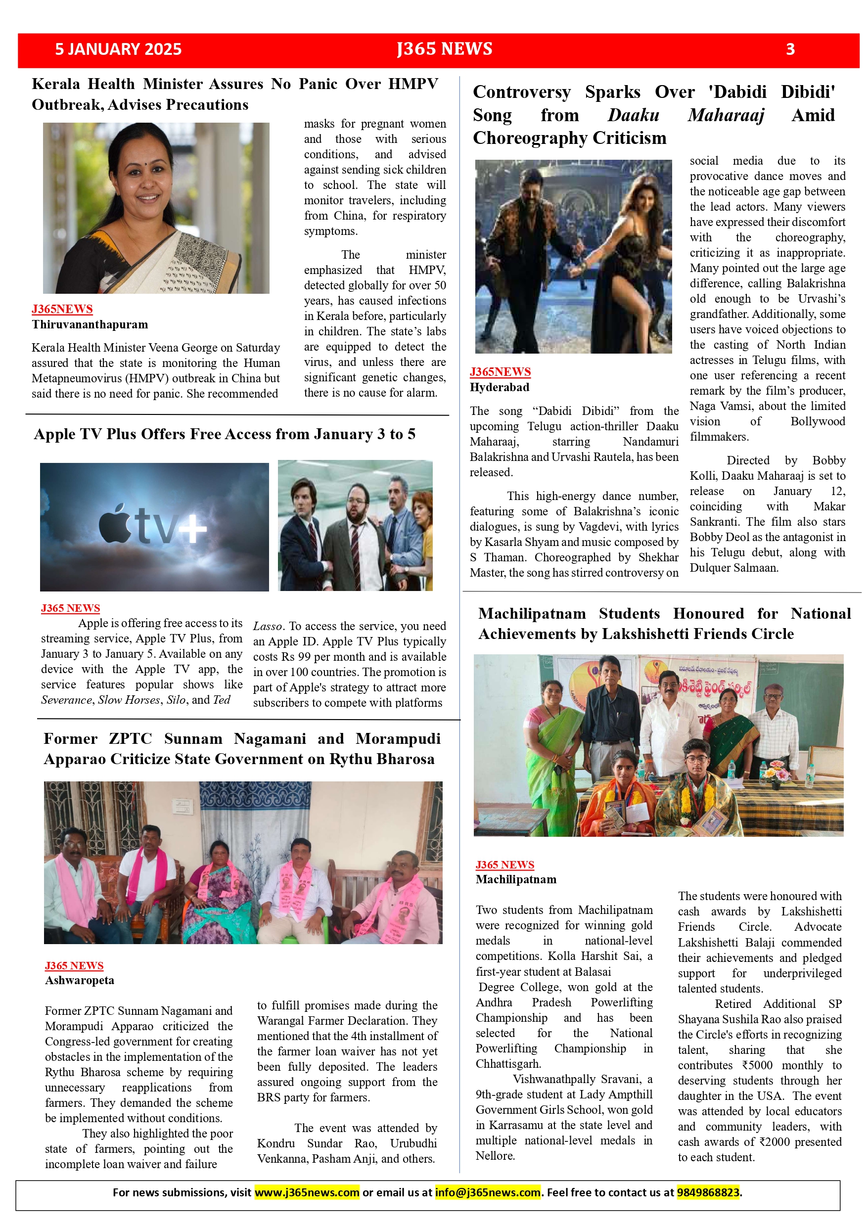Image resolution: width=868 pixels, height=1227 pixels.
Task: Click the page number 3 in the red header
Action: coord(790,49)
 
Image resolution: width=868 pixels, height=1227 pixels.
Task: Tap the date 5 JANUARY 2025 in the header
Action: coord(118,49)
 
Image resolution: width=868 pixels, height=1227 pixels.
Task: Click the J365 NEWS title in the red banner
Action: coord(444,48)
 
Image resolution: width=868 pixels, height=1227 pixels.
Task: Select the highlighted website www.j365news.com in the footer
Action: coord(307,1192)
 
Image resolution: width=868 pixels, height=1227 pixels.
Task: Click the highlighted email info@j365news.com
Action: coord(488,1192)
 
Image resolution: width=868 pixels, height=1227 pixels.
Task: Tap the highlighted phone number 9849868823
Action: coord(708,1192)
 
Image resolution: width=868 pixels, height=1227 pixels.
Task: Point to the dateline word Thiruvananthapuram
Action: coord(90,324)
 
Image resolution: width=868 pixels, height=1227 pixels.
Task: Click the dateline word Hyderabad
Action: coord(499,387)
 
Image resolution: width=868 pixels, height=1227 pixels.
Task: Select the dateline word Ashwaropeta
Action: coord(80,980)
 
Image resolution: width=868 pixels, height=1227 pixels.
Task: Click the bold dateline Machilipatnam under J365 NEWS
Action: coord(516,879)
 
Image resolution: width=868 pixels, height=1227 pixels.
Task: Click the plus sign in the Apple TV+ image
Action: coord(192,529)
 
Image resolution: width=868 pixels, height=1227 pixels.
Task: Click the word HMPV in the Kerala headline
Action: coord(412,84)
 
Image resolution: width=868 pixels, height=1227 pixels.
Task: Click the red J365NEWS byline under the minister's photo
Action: coord(62,309)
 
